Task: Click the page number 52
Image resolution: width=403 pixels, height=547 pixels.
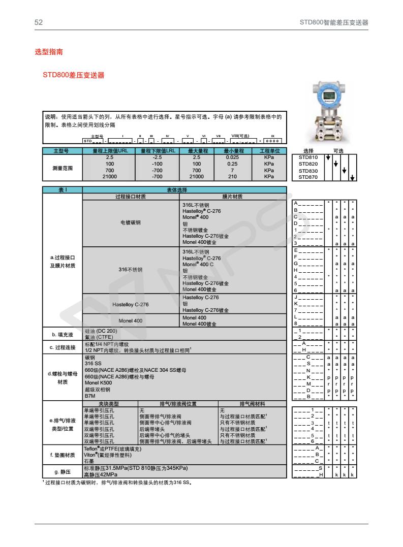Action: click(38, 23)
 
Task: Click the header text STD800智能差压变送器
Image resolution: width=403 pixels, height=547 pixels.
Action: click(333, 23)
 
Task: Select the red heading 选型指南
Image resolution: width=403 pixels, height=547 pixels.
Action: click(49, 52)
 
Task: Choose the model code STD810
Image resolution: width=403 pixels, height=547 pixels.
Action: click(308, 157)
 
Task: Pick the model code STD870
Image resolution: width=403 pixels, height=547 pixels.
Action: click(308, 177)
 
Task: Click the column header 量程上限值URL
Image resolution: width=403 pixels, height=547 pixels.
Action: click(109, 151)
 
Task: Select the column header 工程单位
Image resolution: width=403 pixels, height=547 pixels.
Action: click(269, 151)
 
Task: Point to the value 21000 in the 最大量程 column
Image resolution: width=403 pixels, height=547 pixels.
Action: click(197, 177)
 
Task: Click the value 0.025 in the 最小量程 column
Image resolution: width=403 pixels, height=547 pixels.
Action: click(233, 157)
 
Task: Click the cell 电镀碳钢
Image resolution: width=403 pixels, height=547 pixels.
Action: click(131, 222)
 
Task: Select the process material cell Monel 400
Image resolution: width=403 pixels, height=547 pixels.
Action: click(131, 321)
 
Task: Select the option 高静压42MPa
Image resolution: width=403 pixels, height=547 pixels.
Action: click(101, 474)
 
